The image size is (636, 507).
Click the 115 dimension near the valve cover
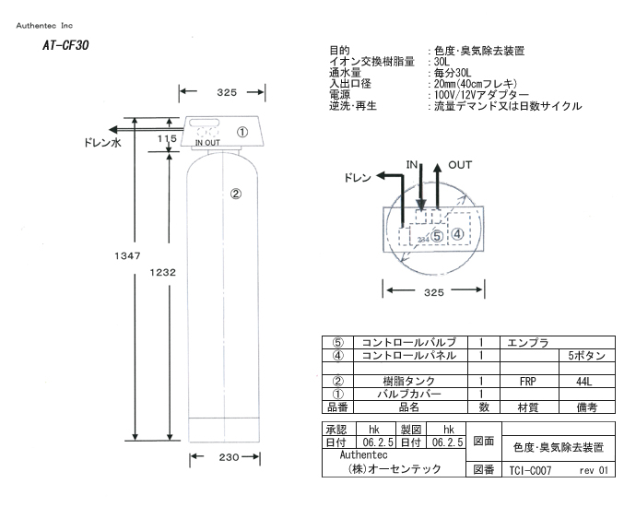tap(167, 139)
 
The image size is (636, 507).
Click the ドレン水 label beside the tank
tap(103, 145)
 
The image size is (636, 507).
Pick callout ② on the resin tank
tap(236, 194)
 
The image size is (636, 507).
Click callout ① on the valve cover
tap(242, 132)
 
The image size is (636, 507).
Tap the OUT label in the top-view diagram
tap(460, 164)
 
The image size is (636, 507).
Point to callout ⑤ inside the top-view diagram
tap(437, 236)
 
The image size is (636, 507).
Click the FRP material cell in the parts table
tap(528, 380)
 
